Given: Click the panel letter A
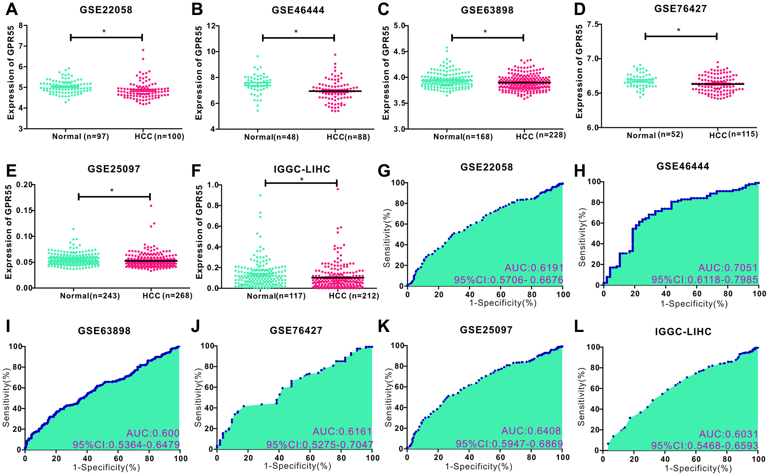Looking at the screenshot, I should [12, 9].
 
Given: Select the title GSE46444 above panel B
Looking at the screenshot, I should [298, 10].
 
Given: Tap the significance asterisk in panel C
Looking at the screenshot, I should [485, 32].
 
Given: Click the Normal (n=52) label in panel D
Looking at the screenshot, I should [655, 135].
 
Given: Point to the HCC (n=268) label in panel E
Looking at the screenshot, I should [167, 296].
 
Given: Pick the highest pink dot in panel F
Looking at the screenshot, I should [338, 189].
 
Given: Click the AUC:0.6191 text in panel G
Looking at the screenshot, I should [534, 268].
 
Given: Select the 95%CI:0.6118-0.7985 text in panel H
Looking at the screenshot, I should [704, 280].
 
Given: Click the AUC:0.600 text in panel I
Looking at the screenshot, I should [153, 433].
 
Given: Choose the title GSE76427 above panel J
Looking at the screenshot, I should [296, 330].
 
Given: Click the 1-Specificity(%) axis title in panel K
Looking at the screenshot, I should [479, 466].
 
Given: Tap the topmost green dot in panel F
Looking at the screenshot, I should [260, 195].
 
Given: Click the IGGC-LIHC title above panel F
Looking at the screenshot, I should [302, 170].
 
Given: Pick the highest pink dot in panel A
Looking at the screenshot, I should [143, 50].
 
